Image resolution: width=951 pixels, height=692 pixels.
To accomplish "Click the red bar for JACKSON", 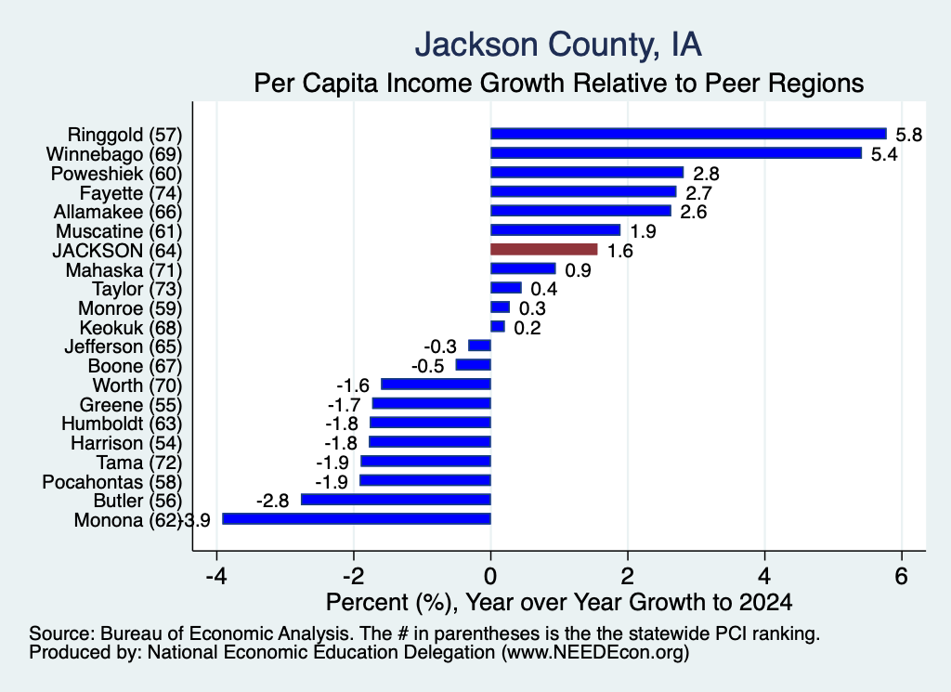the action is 544,249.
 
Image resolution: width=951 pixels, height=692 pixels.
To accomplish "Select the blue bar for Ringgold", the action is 688,134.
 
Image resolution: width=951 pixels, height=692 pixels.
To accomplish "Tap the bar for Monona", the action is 357,518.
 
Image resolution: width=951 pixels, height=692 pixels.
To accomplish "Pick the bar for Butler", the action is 396,499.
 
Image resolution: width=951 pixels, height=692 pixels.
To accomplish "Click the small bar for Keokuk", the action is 498,326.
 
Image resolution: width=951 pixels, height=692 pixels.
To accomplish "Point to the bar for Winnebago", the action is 676,153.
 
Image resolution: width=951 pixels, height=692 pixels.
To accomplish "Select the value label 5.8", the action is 908,135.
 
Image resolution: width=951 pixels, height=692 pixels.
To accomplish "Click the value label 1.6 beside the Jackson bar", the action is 619,251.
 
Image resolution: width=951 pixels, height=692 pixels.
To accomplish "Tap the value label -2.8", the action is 272,501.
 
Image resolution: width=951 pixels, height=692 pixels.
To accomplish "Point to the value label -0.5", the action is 427,366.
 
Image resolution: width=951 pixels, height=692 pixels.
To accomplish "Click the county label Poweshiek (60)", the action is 116,174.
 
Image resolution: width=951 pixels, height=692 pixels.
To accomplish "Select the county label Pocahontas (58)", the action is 112,481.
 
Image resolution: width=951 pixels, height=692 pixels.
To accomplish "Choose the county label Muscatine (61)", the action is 119,231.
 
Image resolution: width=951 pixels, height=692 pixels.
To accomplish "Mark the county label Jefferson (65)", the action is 124,346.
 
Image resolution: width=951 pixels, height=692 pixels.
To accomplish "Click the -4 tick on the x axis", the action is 216,576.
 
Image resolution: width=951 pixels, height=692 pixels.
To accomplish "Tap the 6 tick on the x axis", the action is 902,576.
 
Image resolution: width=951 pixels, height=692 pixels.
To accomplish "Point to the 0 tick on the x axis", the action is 490,576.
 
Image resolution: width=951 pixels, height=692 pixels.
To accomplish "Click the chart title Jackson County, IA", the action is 558,45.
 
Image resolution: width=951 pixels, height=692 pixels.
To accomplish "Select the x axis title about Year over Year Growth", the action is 559,602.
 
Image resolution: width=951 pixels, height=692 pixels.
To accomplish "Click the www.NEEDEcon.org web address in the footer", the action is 595,653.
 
